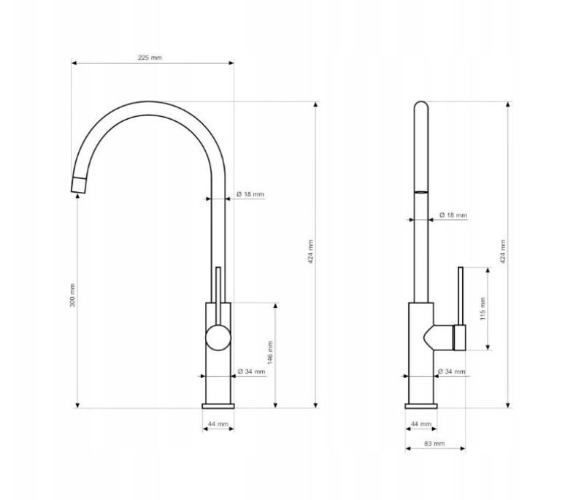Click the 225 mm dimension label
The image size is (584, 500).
150,58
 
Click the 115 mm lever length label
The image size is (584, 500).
482,308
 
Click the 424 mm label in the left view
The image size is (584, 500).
310,252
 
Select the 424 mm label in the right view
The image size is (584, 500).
503,252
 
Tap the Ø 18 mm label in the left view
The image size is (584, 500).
250,195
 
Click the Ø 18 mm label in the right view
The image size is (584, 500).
453,215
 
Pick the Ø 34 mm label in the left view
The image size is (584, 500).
251,372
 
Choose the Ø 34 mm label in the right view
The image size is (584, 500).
451,372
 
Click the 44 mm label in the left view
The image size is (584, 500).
218,424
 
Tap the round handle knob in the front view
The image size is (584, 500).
218,337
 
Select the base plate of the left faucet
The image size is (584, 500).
218,405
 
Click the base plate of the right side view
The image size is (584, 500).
420,405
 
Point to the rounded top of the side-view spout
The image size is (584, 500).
420,107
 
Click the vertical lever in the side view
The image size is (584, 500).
461,296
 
